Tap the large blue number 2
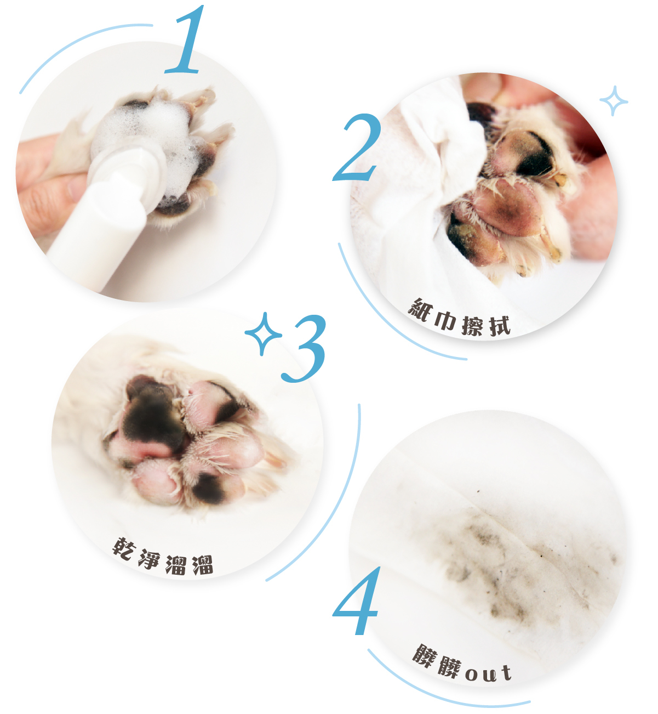point(358,148)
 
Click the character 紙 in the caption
point(420,310)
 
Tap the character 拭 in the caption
point(500,326)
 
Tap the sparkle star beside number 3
point(263,334)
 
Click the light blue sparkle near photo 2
point(614,101)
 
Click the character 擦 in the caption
point(472,325)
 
